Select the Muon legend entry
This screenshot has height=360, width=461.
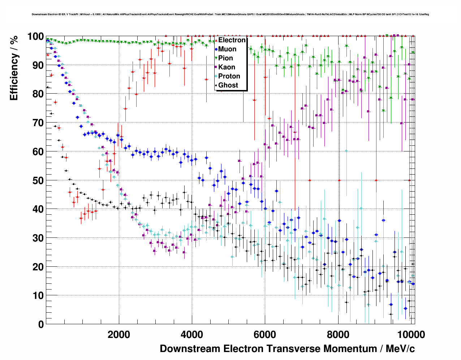(227, 49)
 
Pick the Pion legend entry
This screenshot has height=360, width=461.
(225, 58)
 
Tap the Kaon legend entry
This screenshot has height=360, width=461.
(227, 67)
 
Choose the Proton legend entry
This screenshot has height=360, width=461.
(229, 76)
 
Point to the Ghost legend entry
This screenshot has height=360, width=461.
(228, 85)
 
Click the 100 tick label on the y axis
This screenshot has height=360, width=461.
(35, 37)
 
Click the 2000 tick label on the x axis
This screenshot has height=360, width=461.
(119, 334)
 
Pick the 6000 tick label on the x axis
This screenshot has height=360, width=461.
(265, 334)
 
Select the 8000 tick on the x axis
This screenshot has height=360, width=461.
(338, 334)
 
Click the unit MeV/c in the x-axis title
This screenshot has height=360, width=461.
(400, 349)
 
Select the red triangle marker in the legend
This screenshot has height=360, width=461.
(216, 40)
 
